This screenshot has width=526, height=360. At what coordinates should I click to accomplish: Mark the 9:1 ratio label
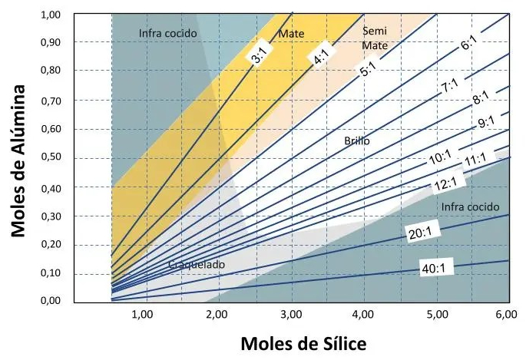(487, 123)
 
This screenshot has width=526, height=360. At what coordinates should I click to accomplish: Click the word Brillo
(358, 141)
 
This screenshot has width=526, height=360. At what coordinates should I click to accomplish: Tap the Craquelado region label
(197, 265)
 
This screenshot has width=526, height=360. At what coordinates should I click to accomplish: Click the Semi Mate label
(375, 38)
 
